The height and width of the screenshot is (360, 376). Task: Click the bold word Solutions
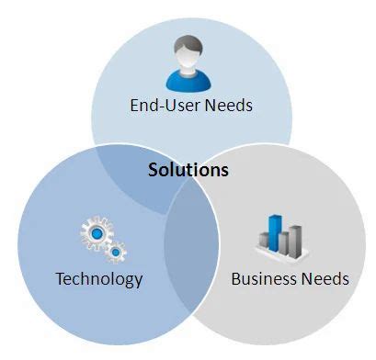point(188,170)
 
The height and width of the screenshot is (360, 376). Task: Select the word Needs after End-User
point(226,106)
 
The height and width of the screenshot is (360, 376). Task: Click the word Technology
point(99,278)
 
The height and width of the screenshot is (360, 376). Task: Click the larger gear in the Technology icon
point(97,234)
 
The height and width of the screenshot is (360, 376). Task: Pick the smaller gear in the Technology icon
point(116,250)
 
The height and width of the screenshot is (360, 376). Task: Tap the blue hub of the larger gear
point(97,234)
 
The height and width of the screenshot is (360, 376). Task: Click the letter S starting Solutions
point(154,170)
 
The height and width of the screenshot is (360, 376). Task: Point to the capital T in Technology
point(60,278)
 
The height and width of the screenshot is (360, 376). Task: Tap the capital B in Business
point(234,278)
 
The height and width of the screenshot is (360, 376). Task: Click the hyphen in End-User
point(158,107)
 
